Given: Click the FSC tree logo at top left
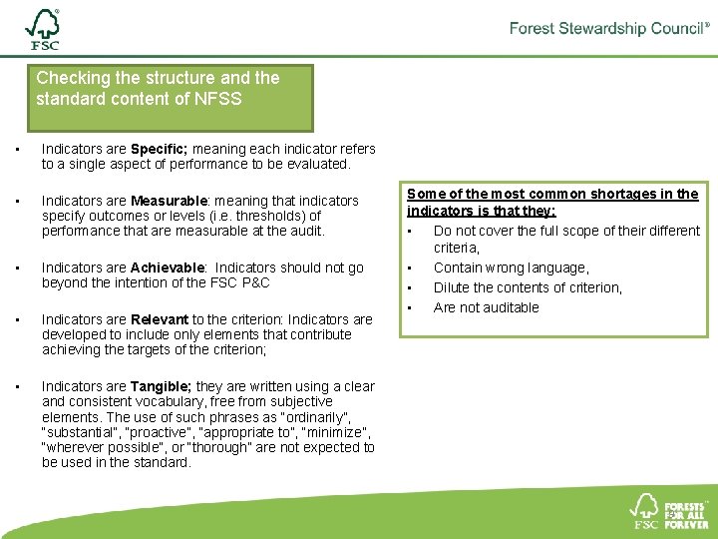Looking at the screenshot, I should (x=43, y=30).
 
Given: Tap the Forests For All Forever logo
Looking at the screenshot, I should (x=671, y=510).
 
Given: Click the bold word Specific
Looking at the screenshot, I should (x=159, y=149).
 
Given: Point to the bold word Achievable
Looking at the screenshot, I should (x=168, y=268).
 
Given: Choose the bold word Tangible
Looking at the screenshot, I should (x=162, y=386).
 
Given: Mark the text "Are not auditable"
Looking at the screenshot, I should (x=486, y=307).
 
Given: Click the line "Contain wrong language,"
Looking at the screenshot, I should (x=511, y=268).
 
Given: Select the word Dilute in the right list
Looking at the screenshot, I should (x=451, y=287).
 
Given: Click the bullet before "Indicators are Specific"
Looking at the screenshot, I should (x=17, y=150).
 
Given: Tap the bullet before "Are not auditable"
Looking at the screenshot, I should (x=410, y=307).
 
